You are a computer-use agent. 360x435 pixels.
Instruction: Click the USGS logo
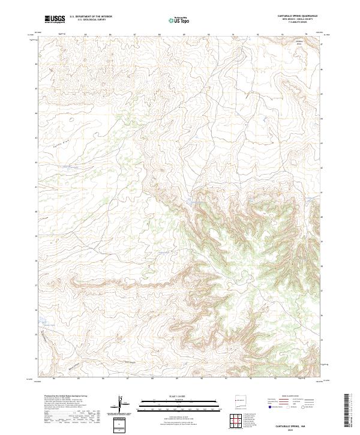[x=55, y=20]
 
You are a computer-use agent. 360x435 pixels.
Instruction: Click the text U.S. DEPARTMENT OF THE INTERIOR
[x=91, y=17]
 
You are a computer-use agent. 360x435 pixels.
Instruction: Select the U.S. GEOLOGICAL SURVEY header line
[x=87, y=20]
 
